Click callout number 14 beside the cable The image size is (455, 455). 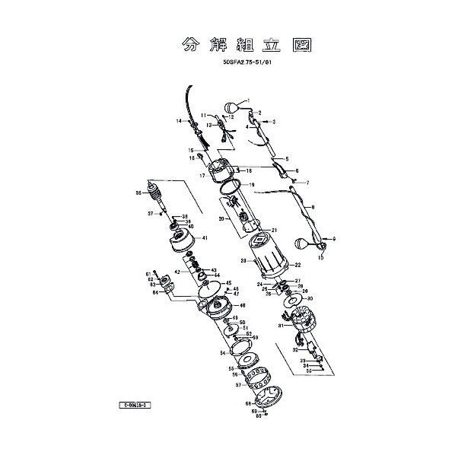(x=180, y=122)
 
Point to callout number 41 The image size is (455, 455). (x=204, y=238)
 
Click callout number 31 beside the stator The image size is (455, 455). (x=281, y=326)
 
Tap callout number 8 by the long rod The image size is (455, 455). (x=313, y=207)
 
